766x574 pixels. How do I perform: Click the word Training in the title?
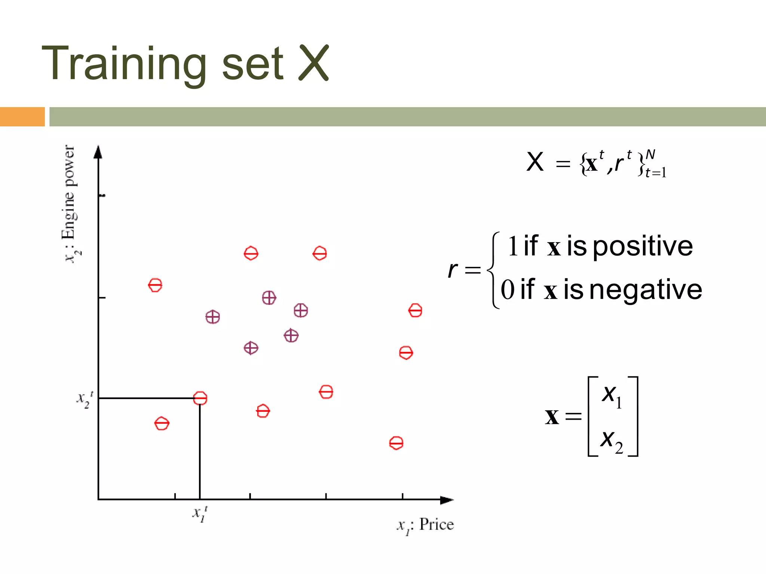[x=123, y=64]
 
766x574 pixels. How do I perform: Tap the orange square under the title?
[x=22, y=117]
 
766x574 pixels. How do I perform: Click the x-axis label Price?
[x=436, y=524]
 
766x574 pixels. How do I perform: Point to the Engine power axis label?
[x=70, y=204]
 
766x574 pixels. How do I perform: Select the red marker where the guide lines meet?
[x=200, y=398]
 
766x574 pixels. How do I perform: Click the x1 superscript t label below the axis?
[x=200, y=514]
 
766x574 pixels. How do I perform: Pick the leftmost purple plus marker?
[x=212, y=317]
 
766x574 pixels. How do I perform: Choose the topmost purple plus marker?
[x=269, y=298]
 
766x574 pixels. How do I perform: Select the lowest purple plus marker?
[x=251, y=348]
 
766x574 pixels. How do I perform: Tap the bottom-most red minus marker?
[x=396, y=443]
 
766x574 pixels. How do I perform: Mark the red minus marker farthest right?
[x=415, y=310]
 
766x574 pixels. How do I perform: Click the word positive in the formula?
[x=643, y=246]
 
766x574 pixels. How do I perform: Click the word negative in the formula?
[x=646, y=290]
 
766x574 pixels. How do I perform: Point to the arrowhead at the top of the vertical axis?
[x=98, y=152]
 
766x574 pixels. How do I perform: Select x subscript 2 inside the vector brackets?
[x=612, y=441]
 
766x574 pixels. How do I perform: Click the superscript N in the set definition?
[x=650, y=155]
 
